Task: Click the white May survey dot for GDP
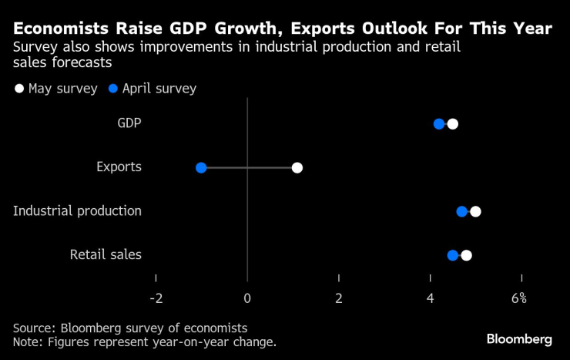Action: [452, 124]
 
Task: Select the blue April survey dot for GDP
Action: [439, 124]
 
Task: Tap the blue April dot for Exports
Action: [201, 168]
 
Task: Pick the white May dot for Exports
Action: [297, 168]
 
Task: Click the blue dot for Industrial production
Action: [462, 211]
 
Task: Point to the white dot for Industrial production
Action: [475, 211]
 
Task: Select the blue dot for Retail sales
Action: [453, 255]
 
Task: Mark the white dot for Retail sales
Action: [466, 255]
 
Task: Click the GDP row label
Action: [129, 123]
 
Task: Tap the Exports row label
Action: [119, 167]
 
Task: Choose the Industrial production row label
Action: [77, 211]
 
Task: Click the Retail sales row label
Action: [106, 254]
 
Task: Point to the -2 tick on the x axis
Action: [156, 298]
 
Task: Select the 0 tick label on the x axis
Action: [247, 298]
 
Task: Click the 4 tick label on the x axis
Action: [431, 298]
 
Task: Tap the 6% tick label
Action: [518, 298]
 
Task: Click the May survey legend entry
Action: [55, 89]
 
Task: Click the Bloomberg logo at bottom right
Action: [519, 339]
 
